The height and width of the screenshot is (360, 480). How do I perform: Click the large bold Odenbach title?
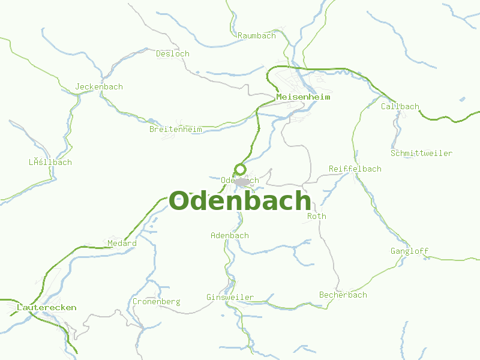(x=240, y=201)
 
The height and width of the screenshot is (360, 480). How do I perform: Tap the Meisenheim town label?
(x=303, y=97)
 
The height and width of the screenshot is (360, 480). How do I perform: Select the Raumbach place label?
(x=257, y=35)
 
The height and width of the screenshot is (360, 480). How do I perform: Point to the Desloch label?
(x=173, y=53)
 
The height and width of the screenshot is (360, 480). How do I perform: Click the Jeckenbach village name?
(x=99, y=86)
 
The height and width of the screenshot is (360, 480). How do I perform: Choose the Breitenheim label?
(x=176, y=129)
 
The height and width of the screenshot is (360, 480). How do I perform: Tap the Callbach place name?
(x=400, y=106)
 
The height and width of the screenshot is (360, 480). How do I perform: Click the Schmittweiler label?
(x=421, y=153)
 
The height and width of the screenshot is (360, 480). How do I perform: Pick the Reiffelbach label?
(x=355, y=169)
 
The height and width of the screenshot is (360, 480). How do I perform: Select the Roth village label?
(x=317, y=216)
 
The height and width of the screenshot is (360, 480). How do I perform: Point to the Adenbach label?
(x=230, y=235)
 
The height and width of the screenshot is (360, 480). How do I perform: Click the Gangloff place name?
(x=410, y=251)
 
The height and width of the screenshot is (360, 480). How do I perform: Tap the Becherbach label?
(x=343, y=295)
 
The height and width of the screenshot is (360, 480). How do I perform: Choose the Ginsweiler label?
(x=230, y=297)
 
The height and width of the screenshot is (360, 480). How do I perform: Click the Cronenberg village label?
(x=156, y=301)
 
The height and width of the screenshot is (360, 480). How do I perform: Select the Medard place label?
(x=122, y=243)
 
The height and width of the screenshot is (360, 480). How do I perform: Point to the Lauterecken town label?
(x=47, y=307)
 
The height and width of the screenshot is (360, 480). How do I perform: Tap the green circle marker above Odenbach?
(x=240, y=169)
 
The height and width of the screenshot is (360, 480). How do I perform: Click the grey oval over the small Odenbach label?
(x=242, y=181)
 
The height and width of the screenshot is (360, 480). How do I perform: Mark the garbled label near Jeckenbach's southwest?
(x=50, y=162)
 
